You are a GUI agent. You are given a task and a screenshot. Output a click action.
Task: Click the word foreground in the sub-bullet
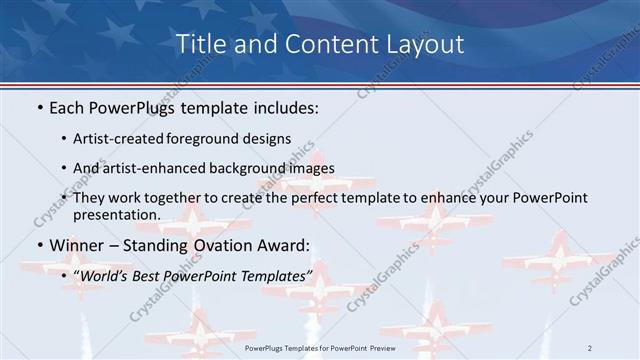[x=213, y=139]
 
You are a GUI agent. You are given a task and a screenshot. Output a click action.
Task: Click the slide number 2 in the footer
[x=590, y=347]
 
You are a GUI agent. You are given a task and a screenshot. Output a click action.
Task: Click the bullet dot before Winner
[x=38, y=246]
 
